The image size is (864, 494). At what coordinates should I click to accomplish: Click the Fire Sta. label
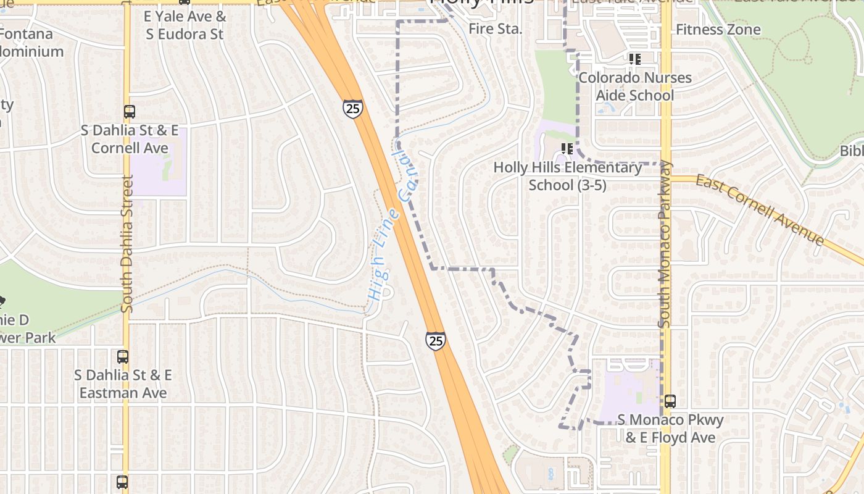tap(495, 29)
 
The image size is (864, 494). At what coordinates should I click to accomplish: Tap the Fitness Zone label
tap(718, 29)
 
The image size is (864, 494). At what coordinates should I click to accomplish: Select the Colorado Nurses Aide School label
tap(634, 86)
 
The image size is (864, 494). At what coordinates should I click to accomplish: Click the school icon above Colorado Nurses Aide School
tap(634, 59)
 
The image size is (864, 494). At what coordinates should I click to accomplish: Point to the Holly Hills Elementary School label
tap(567, 176)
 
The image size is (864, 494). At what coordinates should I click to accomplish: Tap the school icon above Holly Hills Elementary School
tap(567, 149)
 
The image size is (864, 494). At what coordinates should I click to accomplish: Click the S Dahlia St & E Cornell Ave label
tap(130, 139)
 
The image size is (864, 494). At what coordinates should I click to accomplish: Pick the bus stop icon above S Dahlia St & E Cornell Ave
tap(130, 112)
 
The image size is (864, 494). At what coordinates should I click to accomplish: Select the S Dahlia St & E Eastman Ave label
tap(123, 383)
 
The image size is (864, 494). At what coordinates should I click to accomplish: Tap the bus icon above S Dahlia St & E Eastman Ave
tap(123, 356)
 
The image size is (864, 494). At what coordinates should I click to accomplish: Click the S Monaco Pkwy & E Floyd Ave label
tap(670, 429)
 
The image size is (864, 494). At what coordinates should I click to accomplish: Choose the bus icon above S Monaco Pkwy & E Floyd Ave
tap(670, 401)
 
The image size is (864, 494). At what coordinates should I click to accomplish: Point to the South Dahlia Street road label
tap(127, 243)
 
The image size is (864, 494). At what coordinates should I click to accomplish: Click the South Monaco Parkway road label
tap(665, 244)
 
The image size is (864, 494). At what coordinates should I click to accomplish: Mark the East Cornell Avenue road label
tap(760, 209)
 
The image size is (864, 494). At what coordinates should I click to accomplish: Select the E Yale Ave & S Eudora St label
tap(185, 25)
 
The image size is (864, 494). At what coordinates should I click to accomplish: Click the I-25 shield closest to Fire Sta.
tap(353, 109)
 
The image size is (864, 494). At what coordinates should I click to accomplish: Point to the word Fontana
tap(26, 34)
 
